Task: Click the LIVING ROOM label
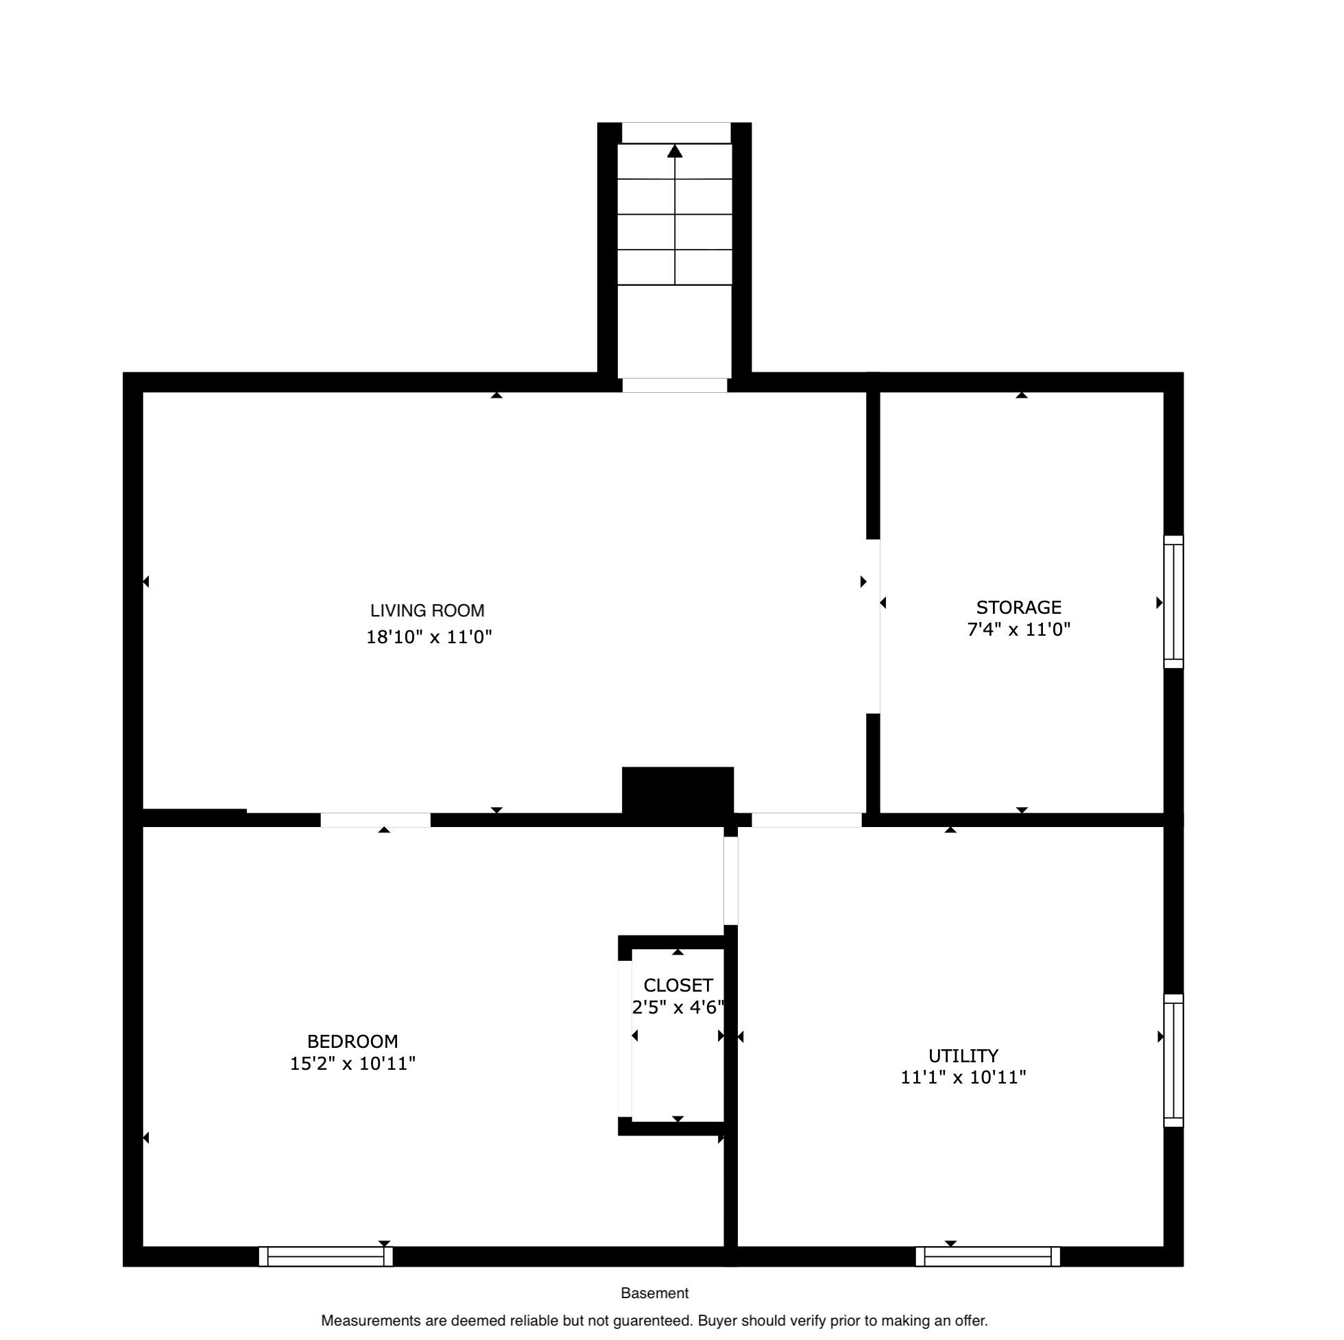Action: point(427,611)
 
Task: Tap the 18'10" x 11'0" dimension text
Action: point(429,637)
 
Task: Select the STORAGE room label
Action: point(1018,608)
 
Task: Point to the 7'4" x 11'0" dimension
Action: point(1018,630)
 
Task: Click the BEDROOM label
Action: point(352,1042)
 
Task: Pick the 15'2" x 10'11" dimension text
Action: point(352,1064)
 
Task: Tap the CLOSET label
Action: point(678,985)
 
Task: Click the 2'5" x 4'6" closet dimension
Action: point(678,1007)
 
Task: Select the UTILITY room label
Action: point(963,1055)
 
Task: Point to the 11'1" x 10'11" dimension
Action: point(963,1078)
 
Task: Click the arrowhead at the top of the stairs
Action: point(675,151)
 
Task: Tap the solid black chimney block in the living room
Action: point(677,791)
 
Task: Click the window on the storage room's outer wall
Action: point(1173,602)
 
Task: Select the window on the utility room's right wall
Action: point(1173,1060)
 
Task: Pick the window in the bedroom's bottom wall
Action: point(326,1256)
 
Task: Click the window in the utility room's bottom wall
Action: point(988,1256)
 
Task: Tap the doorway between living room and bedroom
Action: point(376,819)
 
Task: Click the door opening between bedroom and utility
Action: point(730,881)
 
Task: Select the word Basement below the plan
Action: point(655,1293)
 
